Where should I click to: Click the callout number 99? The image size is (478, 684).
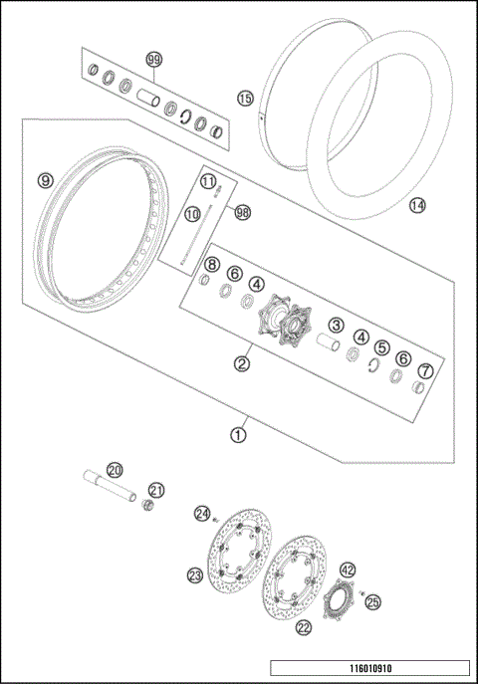click(x=153, y=61)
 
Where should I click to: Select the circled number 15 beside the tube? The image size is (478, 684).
click(x=245, y=98)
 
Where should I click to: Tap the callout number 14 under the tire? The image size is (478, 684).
click(x=417, y=205)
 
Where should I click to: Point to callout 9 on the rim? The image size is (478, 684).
click(x=45, y=180)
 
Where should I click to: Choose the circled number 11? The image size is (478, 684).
click(x=208, y=181)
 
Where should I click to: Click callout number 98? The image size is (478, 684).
click(x=242, y=212)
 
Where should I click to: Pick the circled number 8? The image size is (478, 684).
click(x=211, y=264)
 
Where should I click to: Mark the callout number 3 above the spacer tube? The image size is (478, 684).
click(x=337, y=325)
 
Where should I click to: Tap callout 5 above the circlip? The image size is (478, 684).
click(x=381, y=348)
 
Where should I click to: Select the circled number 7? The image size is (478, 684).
click(x=426, y=371)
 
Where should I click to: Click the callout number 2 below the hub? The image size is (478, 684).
click(x=241, y=363)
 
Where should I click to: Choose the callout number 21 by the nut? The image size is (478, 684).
click(x=156, y=489)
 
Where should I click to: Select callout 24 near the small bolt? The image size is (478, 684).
click(x=203, y=514)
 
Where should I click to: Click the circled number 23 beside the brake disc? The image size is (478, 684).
click(x=194, y=574)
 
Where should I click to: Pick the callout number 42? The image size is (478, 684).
click(x=348, y=570)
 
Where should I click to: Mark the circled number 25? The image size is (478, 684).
click(x=372, y=602)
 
